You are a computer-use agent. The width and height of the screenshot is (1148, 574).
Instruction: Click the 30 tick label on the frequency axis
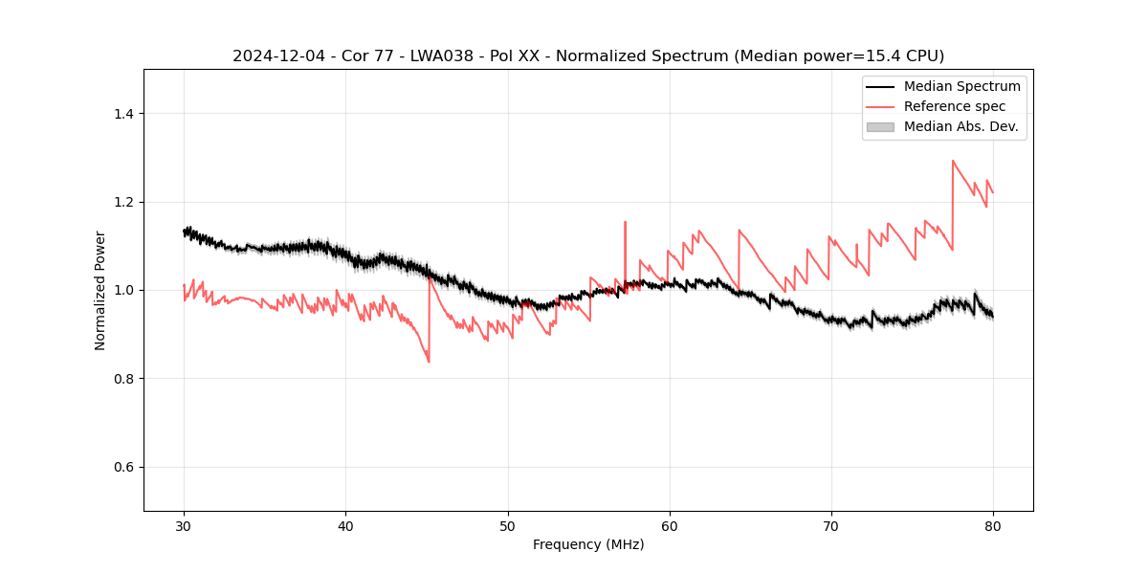click(184, 526)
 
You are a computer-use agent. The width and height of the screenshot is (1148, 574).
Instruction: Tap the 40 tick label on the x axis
click(345, 526)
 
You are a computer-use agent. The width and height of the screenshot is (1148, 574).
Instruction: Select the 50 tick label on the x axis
click(507, 526)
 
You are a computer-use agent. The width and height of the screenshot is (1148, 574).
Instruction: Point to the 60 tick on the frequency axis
click(670, 526)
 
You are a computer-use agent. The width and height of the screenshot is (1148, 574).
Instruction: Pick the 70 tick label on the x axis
click(831, 526)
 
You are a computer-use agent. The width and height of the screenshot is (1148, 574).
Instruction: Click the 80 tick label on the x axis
click(993, 526)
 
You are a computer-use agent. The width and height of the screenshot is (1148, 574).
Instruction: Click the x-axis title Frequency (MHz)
click(588, 544)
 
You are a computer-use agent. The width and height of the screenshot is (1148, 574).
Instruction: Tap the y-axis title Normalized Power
click(100, 290)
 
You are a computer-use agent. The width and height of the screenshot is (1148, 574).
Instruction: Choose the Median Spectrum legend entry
click(961, 86)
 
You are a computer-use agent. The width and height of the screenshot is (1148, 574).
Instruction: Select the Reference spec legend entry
click(954, 106)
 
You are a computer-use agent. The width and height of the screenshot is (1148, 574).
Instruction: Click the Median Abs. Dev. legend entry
click(960, 126)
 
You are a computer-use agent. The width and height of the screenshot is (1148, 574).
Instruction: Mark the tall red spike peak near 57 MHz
click(625, 222)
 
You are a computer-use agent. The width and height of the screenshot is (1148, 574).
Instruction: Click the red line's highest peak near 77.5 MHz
click(953, 161)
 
